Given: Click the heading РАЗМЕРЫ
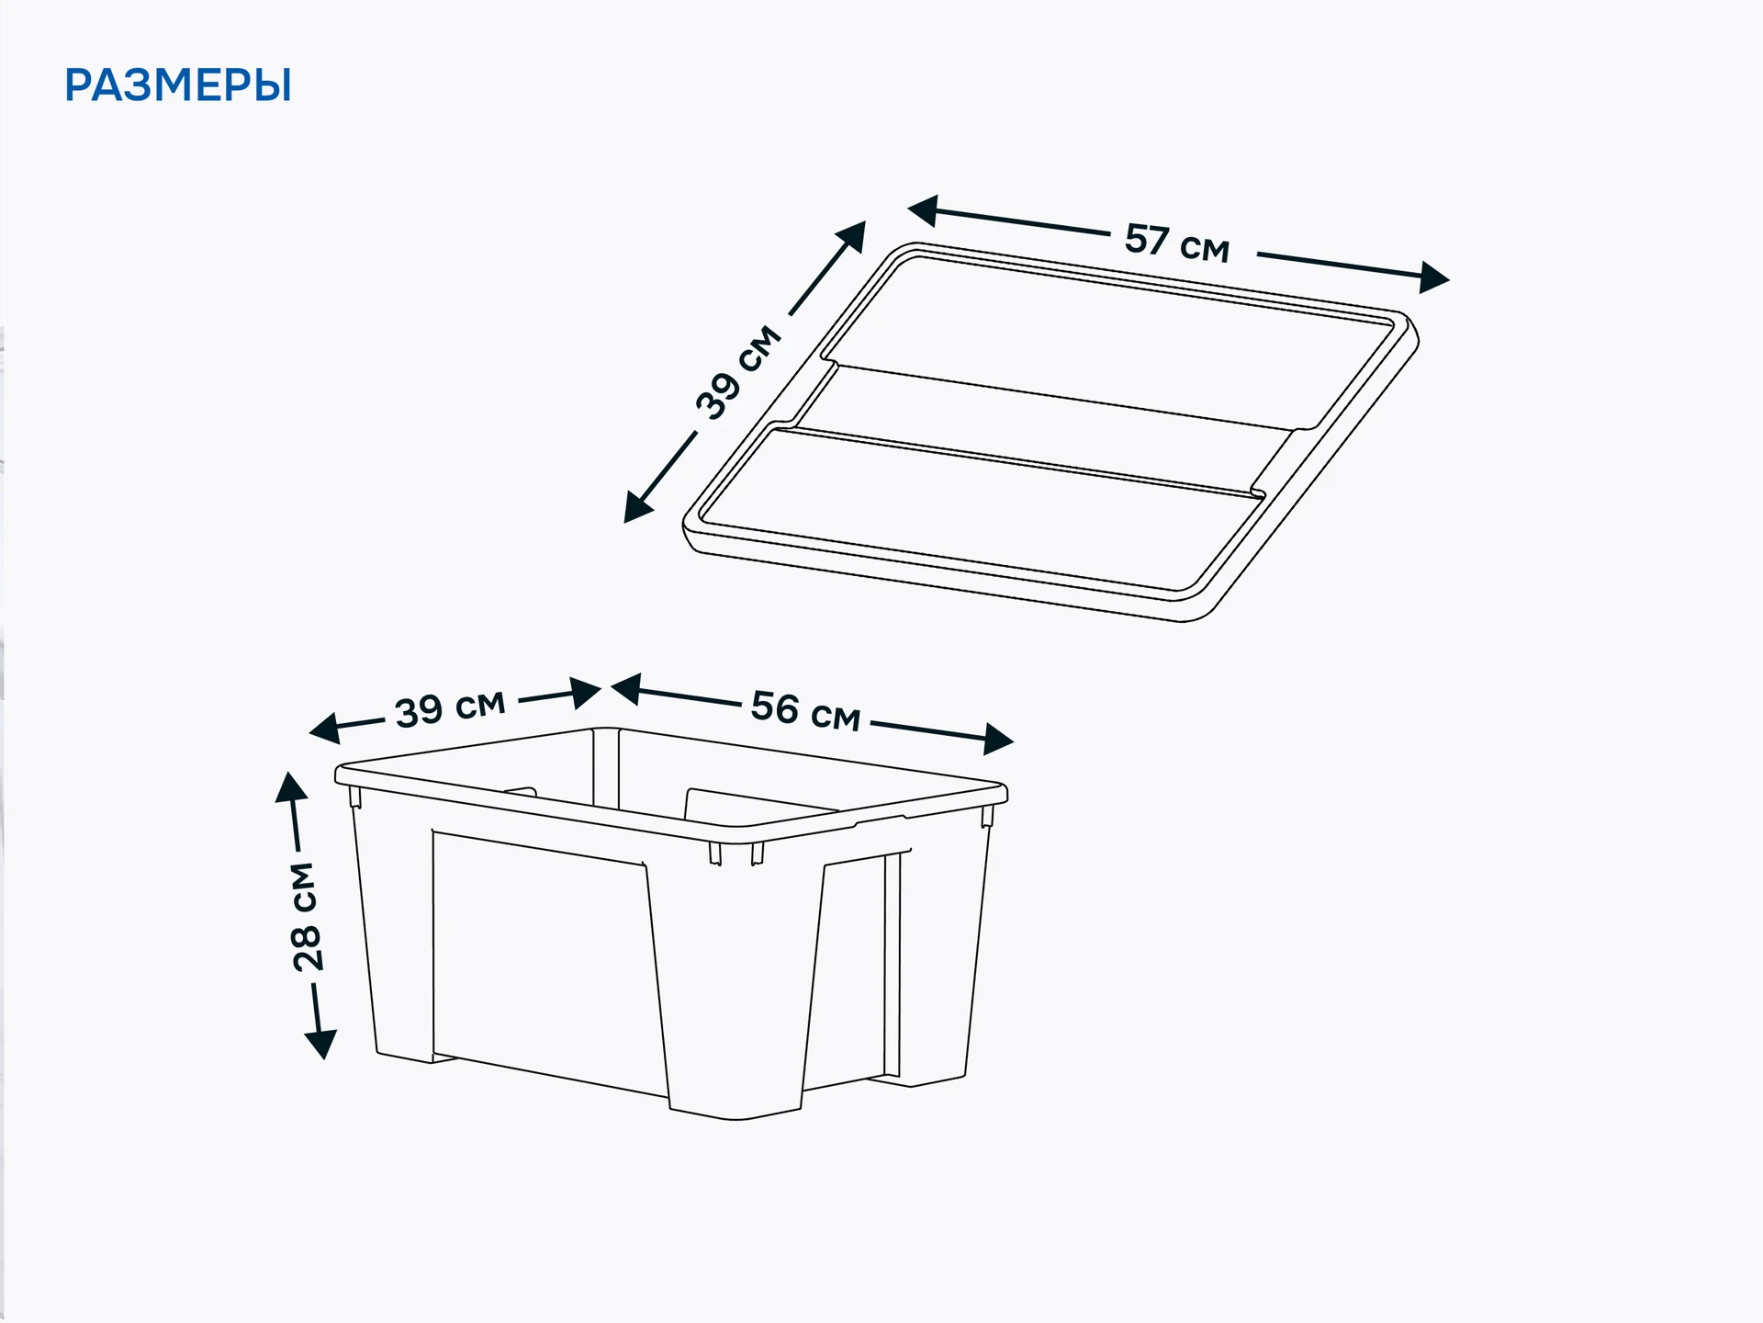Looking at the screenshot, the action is click(178, 85).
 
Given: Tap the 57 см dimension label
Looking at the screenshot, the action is click(1177, 243).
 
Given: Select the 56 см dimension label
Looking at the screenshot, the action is click(805, 711).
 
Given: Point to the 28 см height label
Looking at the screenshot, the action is click(305, 916).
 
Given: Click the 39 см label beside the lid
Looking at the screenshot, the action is click(739, 372).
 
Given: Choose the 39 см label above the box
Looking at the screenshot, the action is click(450, 709).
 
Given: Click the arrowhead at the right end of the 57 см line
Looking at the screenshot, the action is click(1433, 277).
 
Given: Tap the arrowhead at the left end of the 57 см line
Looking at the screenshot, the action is click(923, 210).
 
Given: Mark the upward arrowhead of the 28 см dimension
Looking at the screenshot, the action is click(291, 787).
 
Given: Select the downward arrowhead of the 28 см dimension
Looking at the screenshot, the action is click(320, 1045).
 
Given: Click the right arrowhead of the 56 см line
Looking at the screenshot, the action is click(998, 739).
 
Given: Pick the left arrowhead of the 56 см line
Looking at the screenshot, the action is click(626, 689).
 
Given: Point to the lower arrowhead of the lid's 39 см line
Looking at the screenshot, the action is click(637, 507).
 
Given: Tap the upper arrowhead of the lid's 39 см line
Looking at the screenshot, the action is click(852, 236).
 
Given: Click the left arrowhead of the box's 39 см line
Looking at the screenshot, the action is click(324, 728).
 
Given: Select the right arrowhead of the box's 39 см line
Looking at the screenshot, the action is click(586, 693).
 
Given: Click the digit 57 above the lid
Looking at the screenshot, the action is click(1147, 240).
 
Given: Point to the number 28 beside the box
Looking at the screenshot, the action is click(306, 947).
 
